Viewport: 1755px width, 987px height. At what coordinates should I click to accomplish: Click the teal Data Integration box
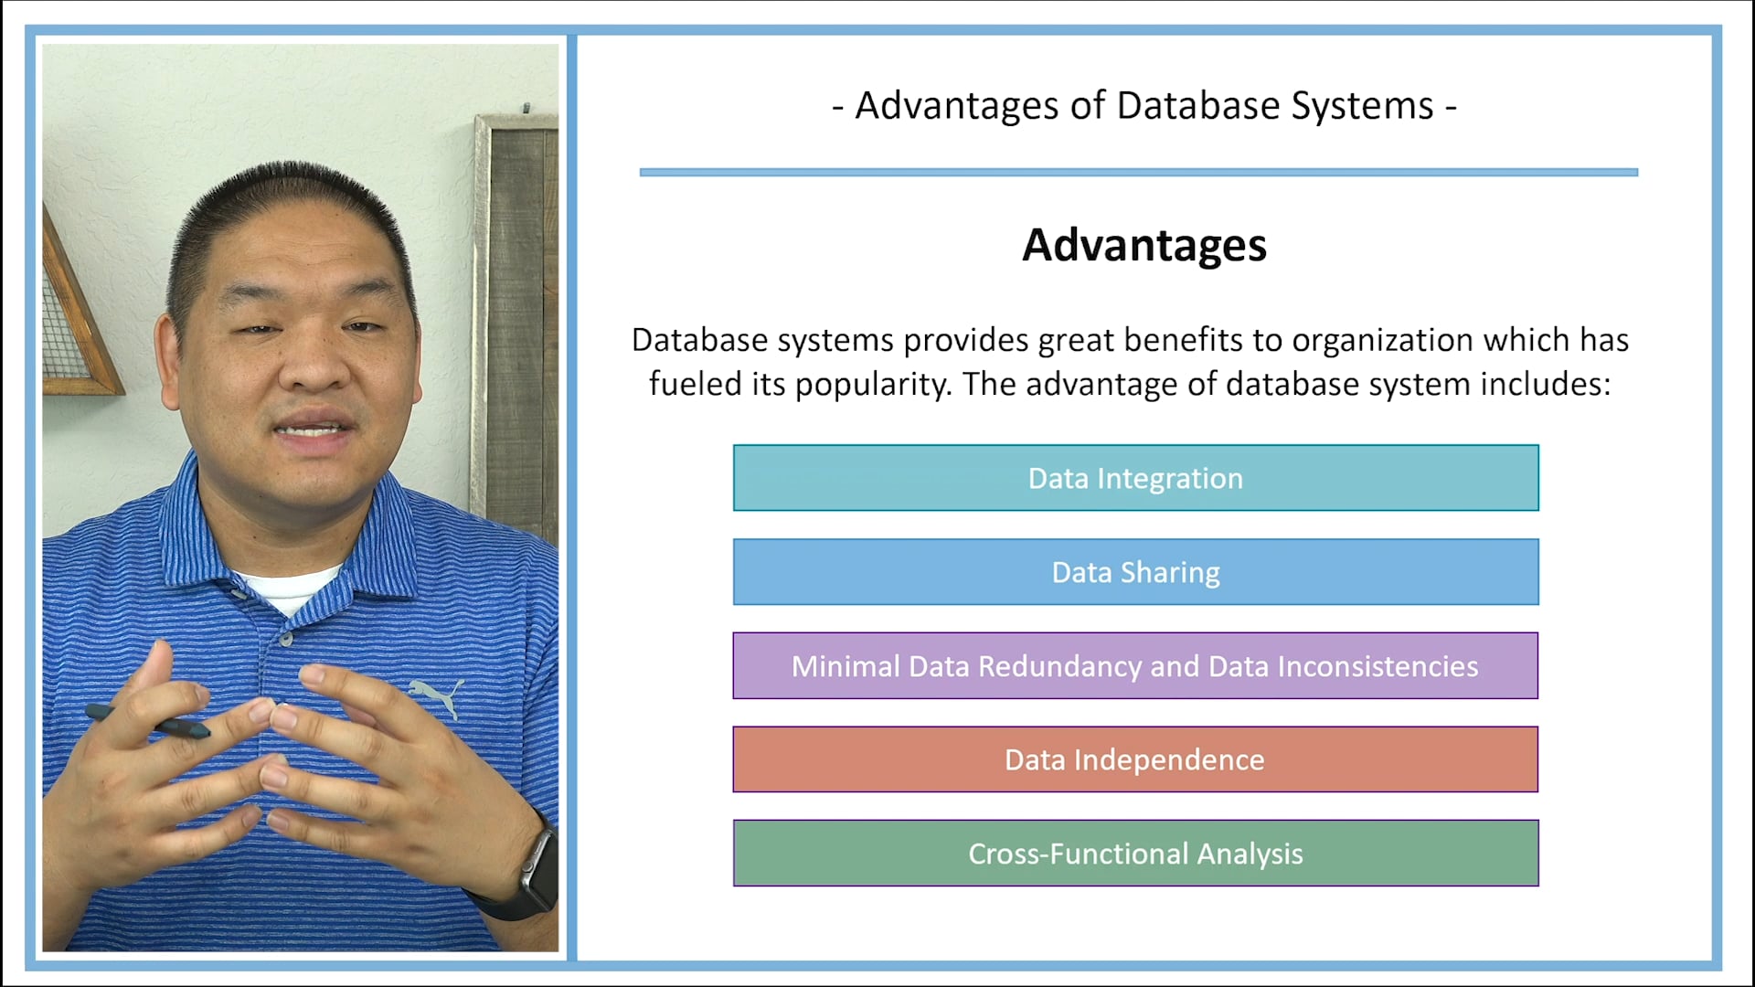[x=1135, y=478]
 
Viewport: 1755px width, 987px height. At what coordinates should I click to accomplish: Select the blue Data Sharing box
[x=1135, y=572]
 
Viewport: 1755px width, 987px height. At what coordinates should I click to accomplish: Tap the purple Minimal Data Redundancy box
[x=1135, y=666]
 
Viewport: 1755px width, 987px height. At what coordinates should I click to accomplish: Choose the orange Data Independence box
[x=1135, y=759]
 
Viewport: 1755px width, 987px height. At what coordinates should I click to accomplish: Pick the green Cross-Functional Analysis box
[x=1135, y=854]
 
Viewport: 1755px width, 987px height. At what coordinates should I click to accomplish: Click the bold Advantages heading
[x=1143, y=245]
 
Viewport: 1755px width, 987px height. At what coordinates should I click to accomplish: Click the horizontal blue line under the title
[x=1138, y=172]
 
